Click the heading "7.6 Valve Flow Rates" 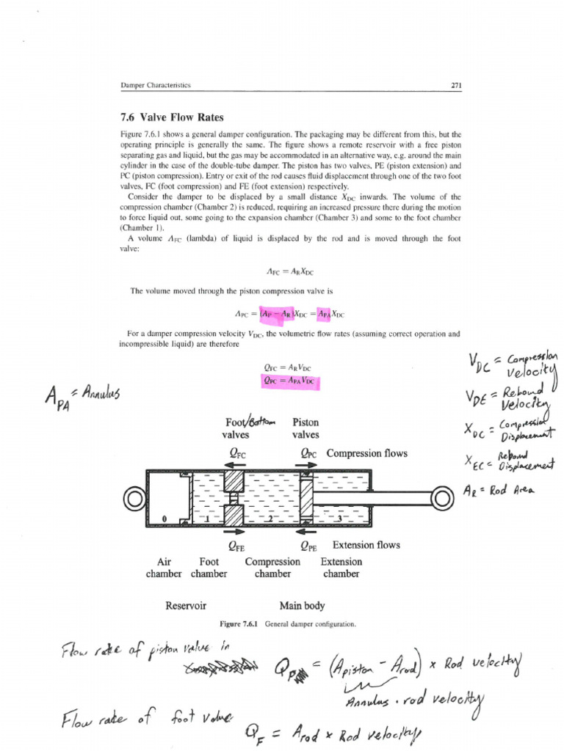tap(171, 117)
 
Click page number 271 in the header tap(455, 85)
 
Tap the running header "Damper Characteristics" tap(155, 85)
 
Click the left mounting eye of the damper tap(134, 500)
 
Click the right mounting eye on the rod tap(441, 499)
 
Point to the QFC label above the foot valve tap(236, 454)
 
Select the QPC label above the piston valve tap(308, 454)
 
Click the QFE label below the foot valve tap(236, 546)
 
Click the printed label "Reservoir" tap(186, 606)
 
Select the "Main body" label tap(302, 606)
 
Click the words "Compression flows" tap(366, 453)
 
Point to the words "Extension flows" tap(366, 545)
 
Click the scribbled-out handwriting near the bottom tap(220, 667)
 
